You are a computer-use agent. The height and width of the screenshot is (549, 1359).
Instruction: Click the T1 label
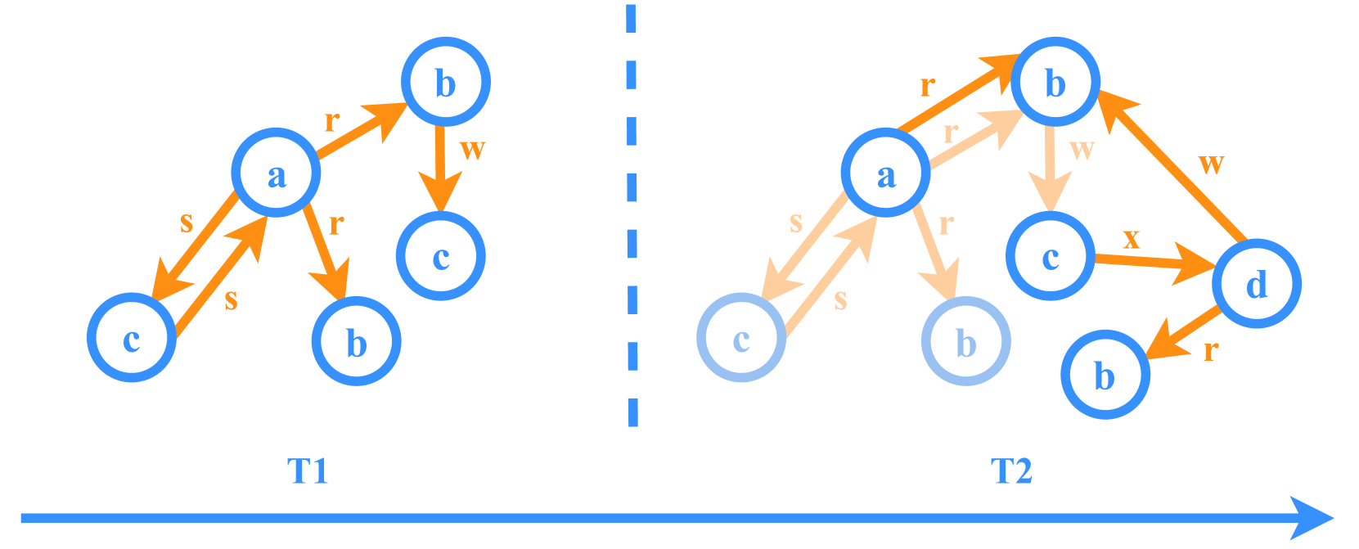(x=308, y=472)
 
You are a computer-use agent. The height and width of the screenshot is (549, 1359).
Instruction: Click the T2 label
(x=1011, y=472)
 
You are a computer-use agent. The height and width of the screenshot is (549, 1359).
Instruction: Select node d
(x=1257, y=284)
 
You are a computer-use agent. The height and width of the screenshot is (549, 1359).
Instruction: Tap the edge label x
(x=1131, y=238)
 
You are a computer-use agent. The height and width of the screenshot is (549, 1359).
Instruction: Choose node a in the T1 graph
(x=277, y=173)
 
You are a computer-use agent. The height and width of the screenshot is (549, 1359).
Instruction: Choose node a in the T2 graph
(x=886, y=173)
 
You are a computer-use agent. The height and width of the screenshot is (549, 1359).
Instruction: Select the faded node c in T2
(x=741, y=338)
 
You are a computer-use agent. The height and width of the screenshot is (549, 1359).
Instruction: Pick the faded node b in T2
(x=966, y=342)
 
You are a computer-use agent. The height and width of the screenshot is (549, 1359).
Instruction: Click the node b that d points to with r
(x=1105, y=375)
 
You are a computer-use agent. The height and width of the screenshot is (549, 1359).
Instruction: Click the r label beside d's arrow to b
(x=1211, y=351)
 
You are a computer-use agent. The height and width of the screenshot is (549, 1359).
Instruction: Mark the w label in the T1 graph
(x=472, y=150)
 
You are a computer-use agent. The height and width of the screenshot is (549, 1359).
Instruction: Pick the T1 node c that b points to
(x=441, y=256)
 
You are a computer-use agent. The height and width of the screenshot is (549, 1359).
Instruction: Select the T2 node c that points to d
(x=1051, y=256)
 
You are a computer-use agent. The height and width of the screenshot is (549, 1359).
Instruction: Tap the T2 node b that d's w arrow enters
(x=1055, y=83)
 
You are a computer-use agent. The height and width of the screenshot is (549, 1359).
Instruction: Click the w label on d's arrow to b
(x=1211, y=164)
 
